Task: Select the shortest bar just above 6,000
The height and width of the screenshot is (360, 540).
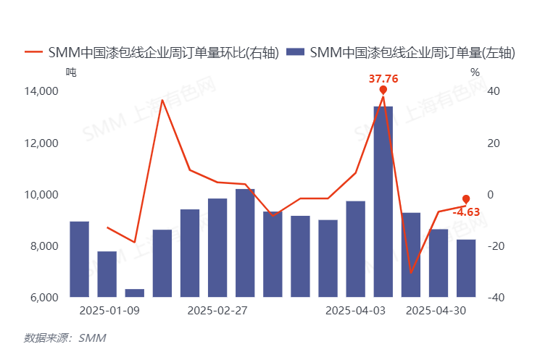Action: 135,293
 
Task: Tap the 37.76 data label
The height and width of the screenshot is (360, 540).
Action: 383,78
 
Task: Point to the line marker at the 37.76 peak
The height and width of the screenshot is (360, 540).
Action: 383,90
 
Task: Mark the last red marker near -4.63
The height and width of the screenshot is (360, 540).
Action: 466,199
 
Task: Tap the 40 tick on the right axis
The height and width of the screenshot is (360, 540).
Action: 493,91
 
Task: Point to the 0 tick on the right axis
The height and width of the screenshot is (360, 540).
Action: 490,195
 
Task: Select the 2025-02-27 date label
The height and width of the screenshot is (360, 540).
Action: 217,311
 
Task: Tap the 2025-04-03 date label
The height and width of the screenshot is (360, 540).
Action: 355,311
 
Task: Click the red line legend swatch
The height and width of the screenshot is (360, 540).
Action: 34,53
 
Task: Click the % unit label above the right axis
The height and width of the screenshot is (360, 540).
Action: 475,72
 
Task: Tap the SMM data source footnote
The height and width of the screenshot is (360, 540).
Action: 65,338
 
